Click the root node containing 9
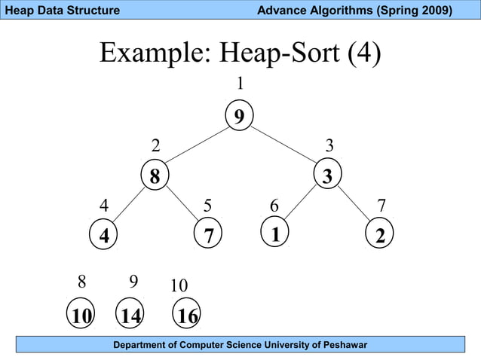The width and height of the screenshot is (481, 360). (x=239, y=117)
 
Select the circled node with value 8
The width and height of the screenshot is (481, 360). (x=155, y=177)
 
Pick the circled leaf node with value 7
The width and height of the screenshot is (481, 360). (x=208, y=235)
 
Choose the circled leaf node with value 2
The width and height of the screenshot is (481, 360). (x=380, y=235)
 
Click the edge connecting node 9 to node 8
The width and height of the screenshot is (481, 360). (x=198, y=145)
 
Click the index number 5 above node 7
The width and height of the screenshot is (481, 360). (x=208, y=206)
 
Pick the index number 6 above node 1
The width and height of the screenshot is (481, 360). (x=274, y=206)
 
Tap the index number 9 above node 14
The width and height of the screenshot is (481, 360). (x=133, y=282)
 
